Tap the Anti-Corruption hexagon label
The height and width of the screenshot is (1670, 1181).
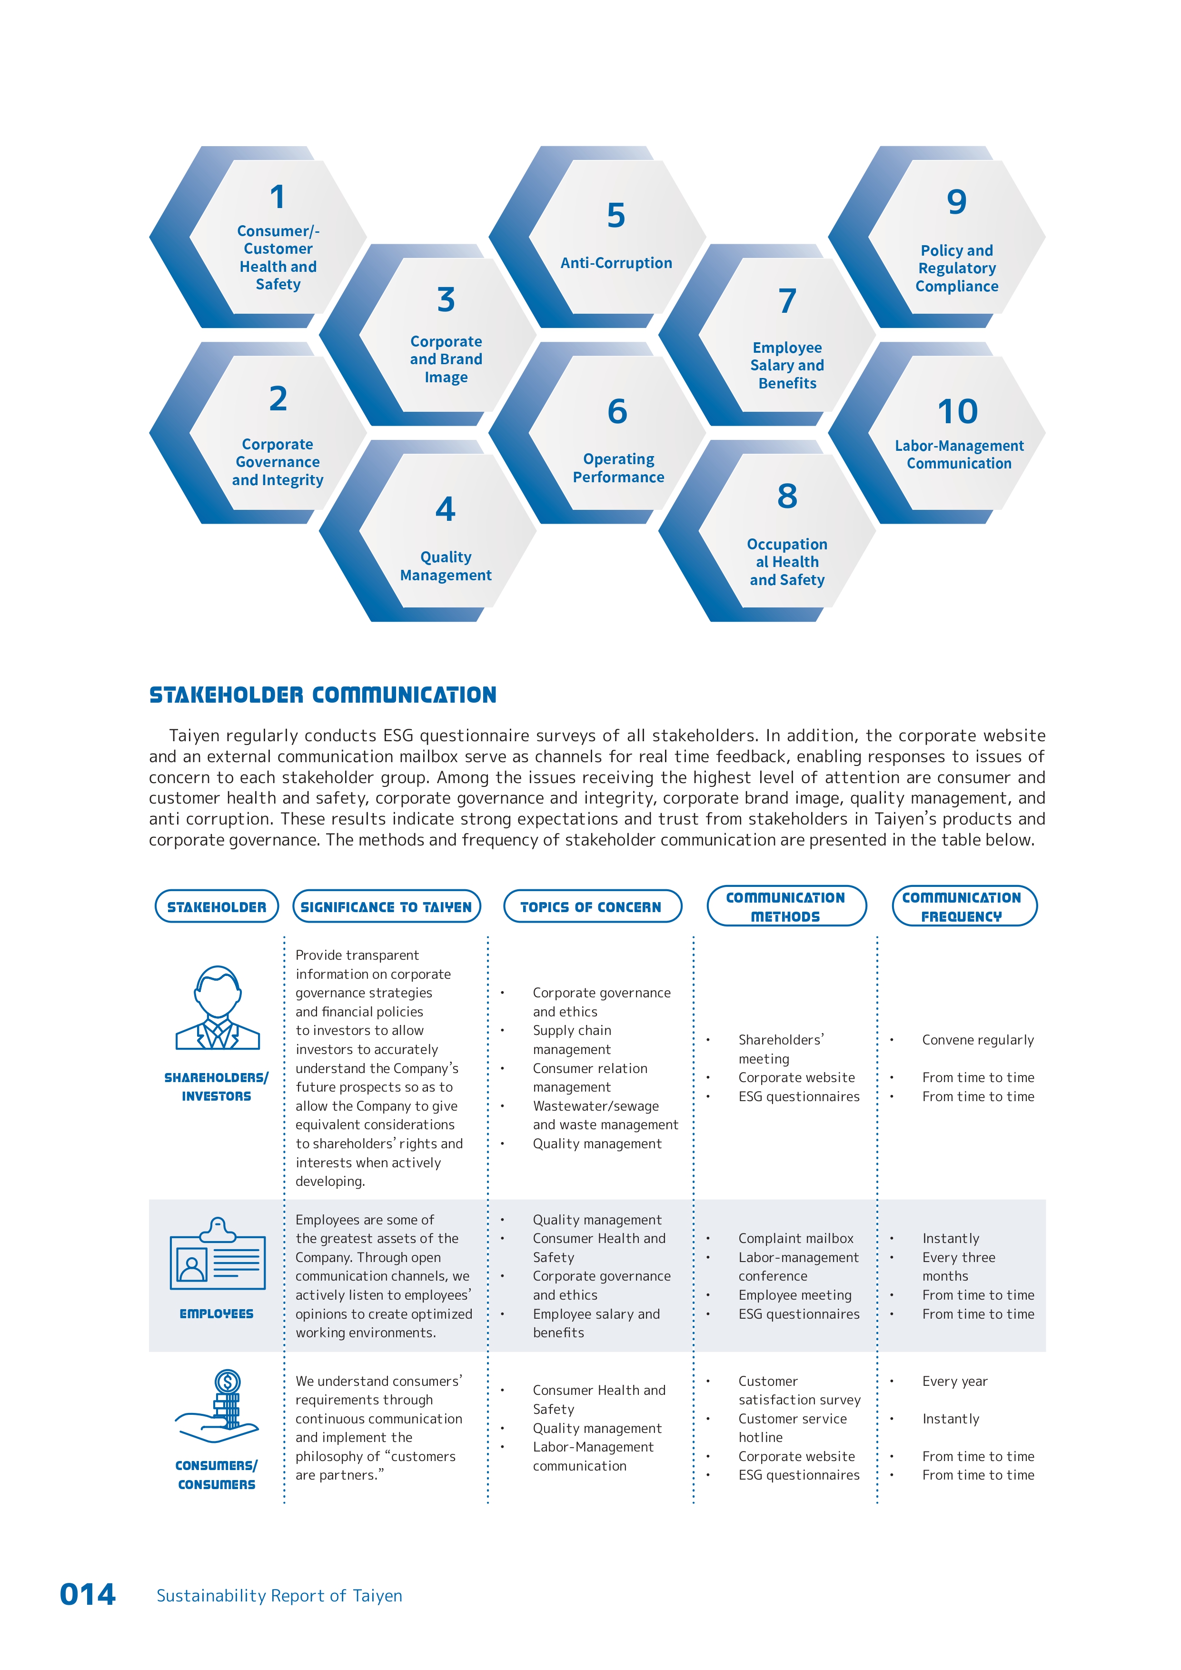[x=616, y=263]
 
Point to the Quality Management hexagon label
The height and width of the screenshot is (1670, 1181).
[x=446, y=566]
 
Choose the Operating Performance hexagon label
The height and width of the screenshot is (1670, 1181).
[x=618, y=468]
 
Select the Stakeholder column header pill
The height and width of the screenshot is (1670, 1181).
[x=217, y=907]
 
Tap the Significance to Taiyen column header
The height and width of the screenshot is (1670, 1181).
[x=386, y=907]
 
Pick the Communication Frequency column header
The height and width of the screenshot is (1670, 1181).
[x=962, y=907]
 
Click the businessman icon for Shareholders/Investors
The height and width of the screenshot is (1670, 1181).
[x=218, y=1008]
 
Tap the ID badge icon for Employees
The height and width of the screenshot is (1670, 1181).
[x=218, y=1254]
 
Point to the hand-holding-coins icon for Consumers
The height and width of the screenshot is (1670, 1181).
[x=218, y=1407]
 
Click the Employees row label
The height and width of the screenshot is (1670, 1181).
[x=217, y=1313]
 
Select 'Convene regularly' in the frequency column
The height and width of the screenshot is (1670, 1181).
[x=977, y=1040]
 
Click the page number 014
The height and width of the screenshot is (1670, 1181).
[x=87, y=1595]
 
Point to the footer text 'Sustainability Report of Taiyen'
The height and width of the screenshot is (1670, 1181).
[x=279, y=1596]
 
